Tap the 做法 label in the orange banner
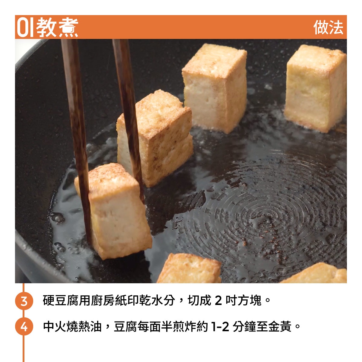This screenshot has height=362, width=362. [x=328, y=27]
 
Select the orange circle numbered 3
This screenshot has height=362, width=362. [x=24, y=301]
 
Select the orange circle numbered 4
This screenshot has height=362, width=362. [x=24, y=326]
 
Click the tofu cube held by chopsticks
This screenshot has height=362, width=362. [x=113, y=211]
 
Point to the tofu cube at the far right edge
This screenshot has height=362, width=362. [x=316, y=88]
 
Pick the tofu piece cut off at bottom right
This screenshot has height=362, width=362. [x=316, y=273]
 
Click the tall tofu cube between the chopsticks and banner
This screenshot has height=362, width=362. [x=214, y=88]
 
